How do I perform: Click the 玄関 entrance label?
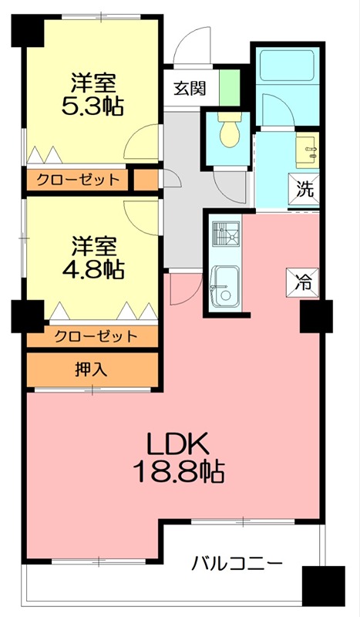(190, 89)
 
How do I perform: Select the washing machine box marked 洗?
(304, 190)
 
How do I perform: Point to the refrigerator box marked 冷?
(302, 282)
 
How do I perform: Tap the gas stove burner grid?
(225, 234)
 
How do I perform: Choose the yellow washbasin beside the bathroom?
(307, 150)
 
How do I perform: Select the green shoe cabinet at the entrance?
(230, 87)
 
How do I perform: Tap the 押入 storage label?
(91, 369)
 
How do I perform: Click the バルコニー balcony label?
(237, 565)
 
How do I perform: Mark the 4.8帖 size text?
(93, 269)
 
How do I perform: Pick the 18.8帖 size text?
(179, 471)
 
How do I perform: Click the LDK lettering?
(177, 444)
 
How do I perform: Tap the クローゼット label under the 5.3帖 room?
(78, 180)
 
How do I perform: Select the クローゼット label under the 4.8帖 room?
(96, 335)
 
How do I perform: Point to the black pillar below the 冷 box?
(316, 316)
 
